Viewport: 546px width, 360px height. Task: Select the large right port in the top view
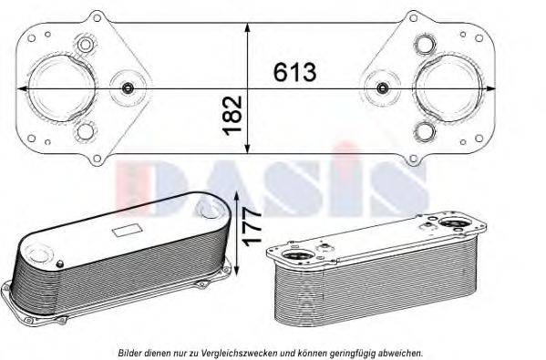tap(443, 87)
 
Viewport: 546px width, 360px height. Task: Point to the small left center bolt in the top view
tap(129, 88)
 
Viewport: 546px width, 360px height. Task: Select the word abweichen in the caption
tap(402, 352)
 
